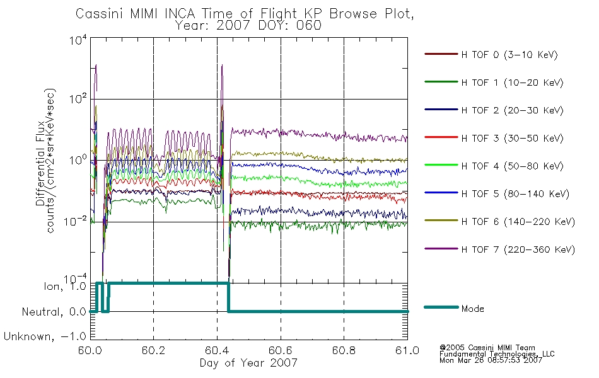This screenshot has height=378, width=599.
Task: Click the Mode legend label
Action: click(472, 309)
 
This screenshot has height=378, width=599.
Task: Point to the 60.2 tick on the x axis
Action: click(153, 350)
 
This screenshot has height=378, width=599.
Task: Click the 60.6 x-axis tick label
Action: click(281, 350)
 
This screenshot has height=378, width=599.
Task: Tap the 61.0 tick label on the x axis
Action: click(407, 350)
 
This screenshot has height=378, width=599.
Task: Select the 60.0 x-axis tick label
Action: click(90, 350)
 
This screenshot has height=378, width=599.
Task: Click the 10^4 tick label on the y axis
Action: click(78, 40)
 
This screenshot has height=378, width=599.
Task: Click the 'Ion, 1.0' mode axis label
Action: click(65, 286)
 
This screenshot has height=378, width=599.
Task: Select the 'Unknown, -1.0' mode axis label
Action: click(45, 336)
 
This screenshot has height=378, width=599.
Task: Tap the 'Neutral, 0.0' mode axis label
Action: click(54, 312)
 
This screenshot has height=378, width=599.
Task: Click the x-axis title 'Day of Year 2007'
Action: click(248, 362)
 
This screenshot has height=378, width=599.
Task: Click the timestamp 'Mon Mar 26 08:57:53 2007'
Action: click(491, 360)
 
